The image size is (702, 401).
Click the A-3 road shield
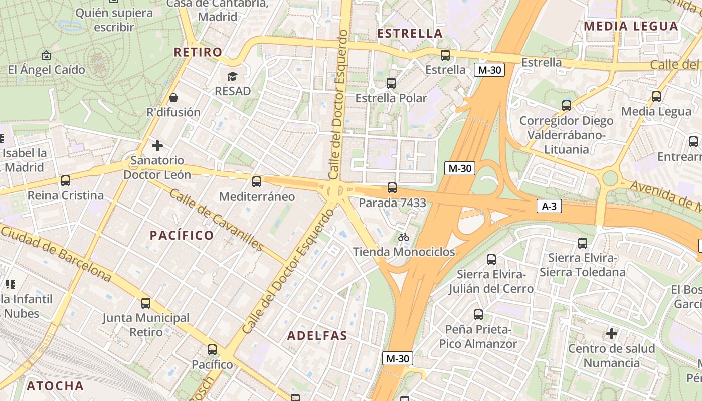549,206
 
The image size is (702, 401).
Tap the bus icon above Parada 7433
392,188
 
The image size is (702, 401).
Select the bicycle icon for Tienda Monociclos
404,237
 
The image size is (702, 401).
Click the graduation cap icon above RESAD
232,76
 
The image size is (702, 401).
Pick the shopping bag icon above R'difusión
173,97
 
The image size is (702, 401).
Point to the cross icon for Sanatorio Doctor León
157,146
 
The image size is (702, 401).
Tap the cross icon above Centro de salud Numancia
611,333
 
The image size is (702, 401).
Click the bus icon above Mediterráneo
257,181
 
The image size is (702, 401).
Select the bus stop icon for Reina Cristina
65,180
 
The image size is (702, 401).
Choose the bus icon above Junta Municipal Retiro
146,303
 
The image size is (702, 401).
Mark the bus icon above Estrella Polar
391,83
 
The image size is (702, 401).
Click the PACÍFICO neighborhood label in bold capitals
182,235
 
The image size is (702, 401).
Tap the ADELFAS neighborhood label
317,336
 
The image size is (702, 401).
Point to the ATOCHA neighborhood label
55,386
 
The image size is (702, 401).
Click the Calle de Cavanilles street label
216,220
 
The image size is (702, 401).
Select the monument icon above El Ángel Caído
46,55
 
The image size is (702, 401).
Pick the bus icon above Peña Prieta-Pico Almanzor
478,315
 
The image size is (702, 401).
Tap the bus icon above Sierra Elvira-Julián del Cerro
491,260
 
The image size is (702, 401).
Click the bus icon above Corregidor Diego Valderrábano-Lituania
567,106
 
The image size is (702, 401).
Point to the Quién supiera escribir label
114,19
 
